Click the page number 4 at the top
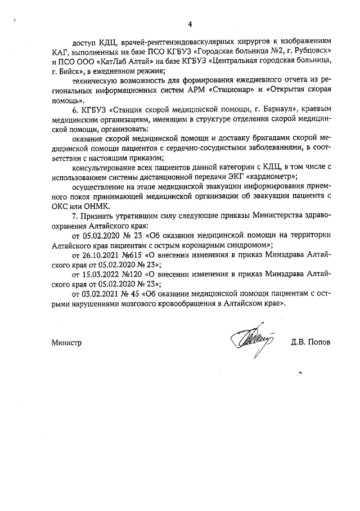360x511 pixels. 190,24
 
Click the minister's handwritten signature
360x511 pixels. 251,339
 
